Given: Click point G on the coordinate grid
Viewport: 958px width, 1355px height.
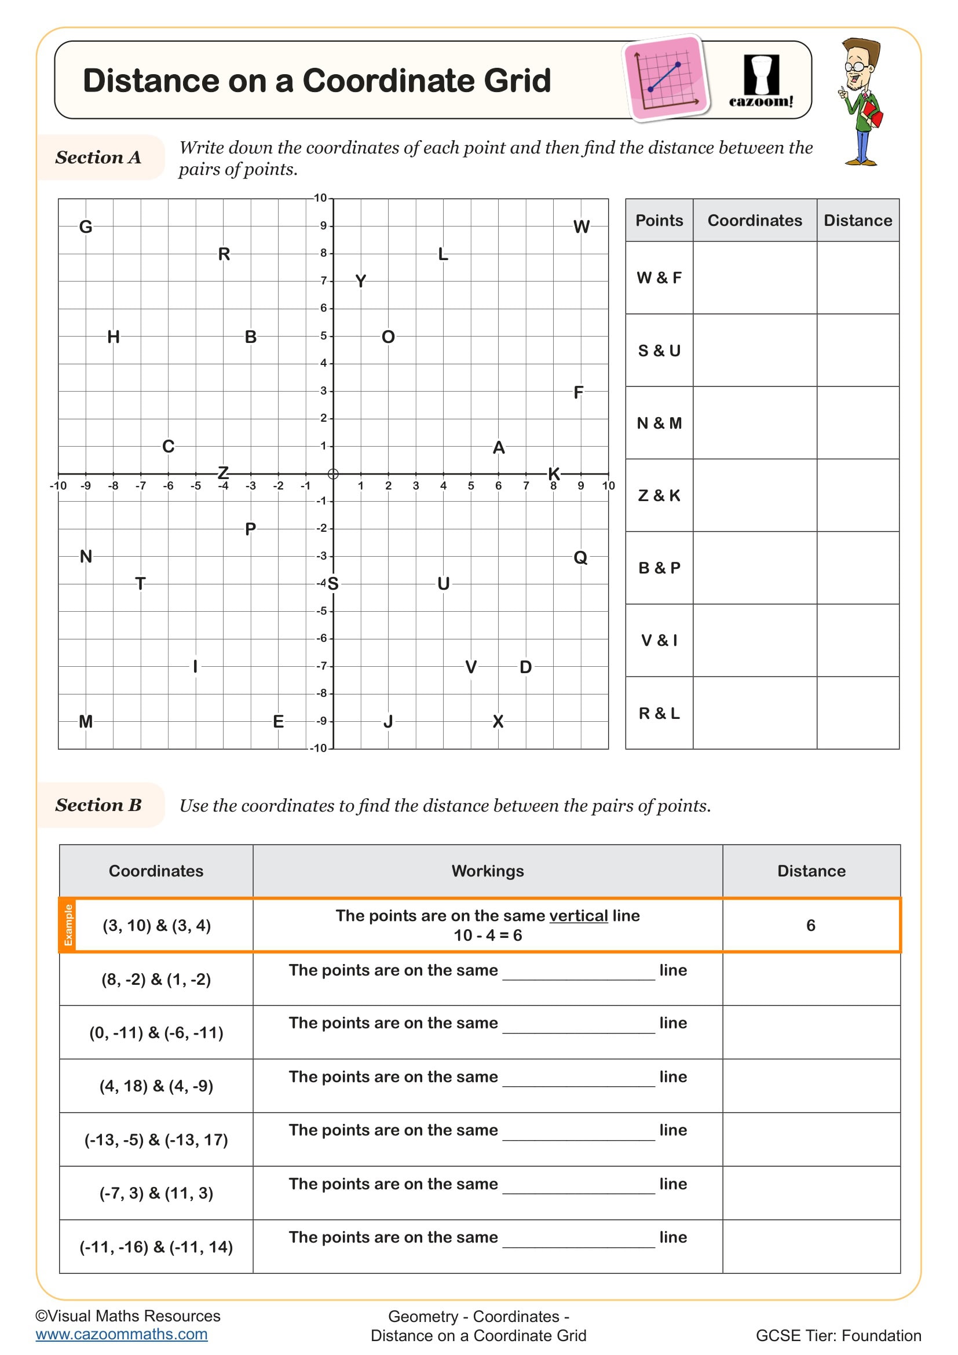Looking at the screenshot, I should point(86,227).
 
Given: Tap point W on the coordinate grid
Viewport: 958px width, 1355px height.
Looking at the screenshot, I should point(581,227).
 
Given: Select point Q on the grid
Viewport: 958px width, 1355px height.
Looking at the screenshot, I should point(580,557).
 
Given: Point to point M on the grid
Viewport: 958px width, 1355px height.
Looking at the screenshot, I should point(86,721).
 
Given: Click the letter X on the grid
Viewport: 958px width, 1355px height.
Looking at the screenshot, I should point(498,721).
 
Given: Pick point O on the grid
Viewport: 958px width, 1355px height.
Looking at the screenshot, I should point(388,337).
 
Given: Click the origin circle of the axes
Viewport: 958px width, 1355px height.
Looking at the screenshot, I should point(332,474).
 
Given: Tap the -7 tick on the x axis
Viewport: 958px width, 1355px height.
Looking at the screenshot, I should point(140,485).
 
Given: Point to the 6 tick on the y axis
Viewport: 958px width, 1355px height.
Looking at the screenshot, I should point(323,308).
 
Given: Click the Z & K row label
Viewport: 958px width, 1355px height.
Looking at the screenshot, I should point(659,496).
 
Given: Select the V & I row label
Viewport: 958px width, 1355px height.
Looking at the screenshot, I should point(659,640).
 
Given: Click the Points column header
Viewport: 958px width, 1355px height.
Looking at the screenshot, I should point(659,221).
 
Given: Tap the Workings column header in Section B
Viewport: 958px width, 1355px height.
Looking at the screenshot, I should point(487,871).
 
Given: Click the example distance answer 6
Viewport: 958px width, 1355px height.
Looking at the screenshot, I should point(810,925).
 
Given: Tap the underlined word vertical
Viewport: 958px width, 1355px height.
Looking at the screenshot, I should point(578,916).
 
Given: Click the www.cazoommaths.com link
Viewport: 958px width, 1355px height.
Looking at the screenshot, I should point(122,1334).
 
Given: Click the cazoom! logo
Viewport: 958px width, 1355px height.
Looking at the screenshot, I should point(761,82).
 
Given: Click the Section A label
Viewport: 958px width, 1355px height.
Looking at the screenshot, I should point(98,158).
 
